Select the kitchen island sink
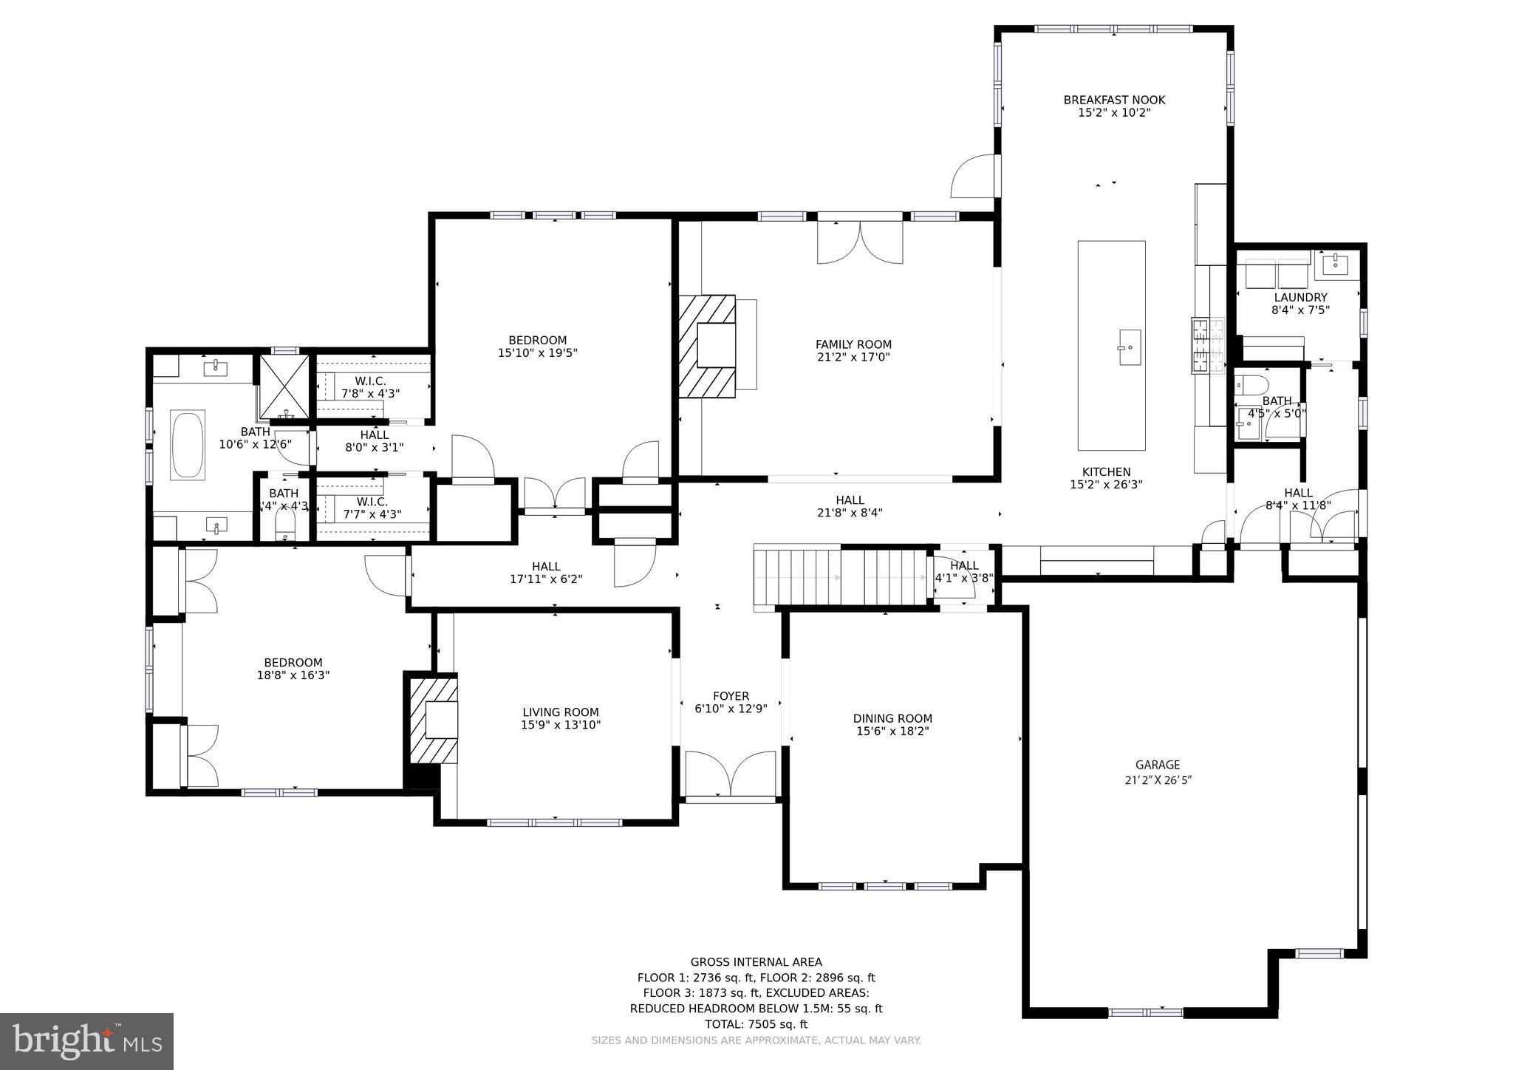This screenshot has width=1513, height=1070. tap(1130, 347)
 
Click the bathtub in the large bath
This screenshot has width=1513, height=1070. tap(187, 446)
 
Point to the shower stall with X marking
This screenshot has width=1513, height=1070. tap(284, 386)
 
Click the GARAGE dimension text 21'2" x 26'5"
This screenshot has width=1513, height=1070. tap(1157, 780)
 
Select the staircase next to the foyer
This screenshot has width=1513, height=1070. tap(840, 577)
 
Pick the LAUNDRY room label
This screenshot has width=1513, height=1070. tap(1300, 298)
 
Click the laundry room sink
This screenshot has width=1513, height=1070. tap(1336, 264)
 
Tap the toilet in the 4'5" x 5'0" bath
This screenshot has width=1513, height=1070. tap(1251, 384)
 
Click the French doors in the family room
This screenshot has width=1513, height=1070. tap(860, 240)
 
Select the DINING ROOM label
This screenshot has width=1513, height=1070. tap(892, 718)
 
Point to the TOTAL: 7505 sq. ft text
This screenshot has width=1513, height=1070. tap(756, 1024)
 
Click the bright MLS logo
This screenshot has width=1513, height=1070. tap(87, 1041)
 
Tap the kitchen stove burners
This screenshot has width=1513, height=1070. tap(1207, 346)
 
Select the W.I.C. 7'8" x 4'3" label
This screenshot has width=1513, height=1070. tap(370, 387)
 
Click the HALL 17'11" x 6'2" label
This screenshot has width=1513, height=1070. tap(546, 573)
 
